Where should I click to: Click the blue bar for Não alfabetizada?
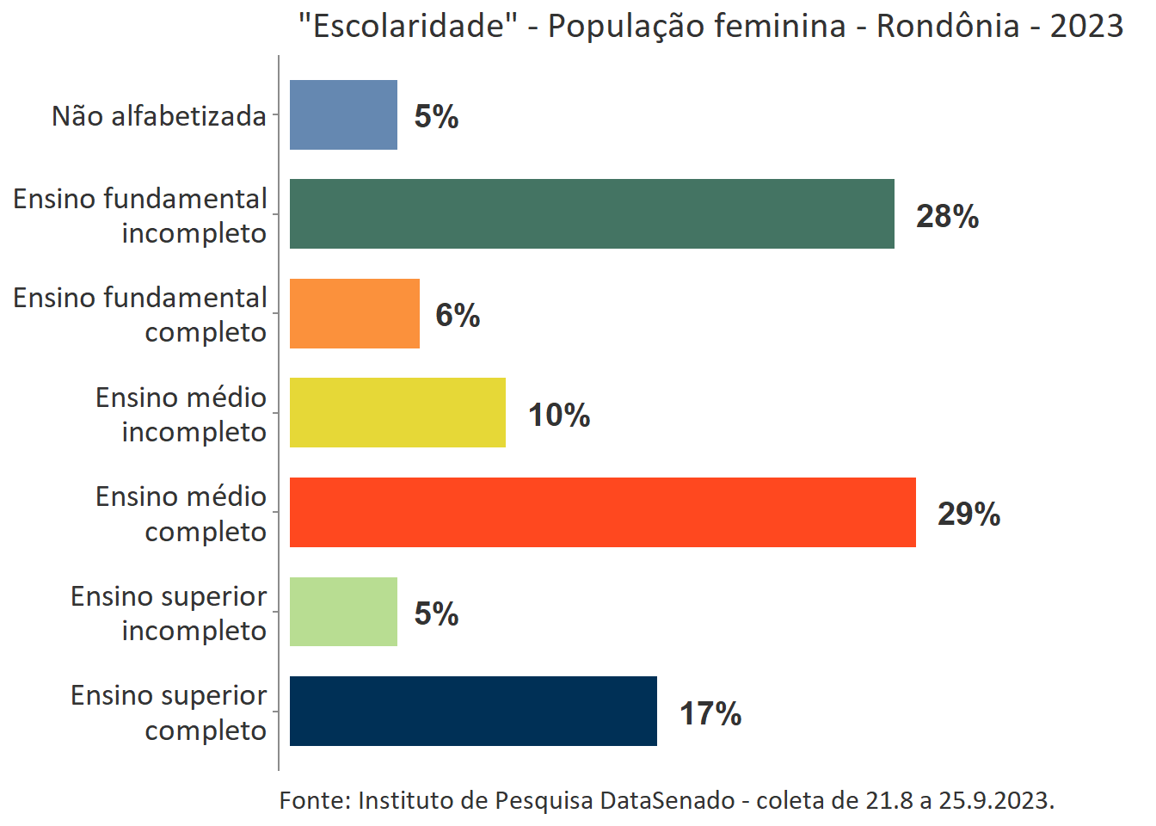click(x=343, y=115)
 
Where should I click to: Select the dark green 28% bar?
click(x=592, y=214)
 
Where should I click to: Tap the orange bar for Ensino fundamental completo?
click(x=354, y=314)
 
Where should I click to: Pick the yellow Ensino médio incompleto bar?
click(x=397, y=413)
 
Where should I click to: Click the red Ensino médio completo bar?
click(x=602, y=513)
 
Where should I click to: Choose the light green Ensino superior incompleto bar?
click(x=343, y=612)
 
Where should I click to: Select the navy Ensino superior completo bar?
click(x=473, y=712)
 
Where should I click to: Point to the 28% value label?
click(x=947, y=216)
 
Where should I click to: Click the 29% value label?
click(x=968, y=514)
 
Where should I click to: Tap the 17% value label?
click(x=710, y=713)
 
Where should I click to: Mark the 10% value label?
click(x=559, y=415)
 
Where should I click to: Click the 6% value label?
click(x=458, y=315)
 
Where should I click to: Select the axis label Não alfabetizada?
click(x=159, y=116)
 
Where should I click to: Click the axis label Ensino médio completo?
click(x=181, y=514)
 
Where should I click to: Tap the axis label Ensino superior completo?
click(x=169, y=712)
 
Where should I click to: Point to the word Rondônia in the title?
click(x=948, y=26)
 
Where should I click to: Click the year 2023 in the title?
click(x=1086, y=26)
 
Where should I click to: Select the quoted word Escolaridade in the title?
click(x=408, y=26)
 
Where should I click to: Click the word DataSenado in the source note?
click(x=667, y=800)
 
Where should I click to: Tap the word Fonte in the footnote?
click(x=314, y=800)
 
